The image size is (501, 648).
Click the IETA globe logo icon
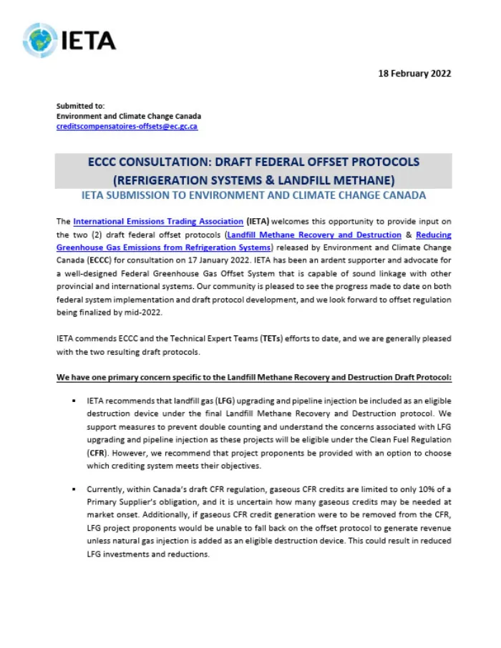(39, 40)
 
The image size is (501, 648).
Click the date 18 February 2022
(415, 73)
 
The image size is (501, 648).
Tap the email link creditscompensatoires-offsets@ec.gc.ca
(127, 126)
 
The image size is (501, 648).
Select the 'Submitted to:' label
(80, 106)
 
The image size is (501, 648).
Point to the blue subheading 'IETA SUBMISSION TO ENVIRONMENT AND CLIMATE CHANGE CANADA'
(253, 195)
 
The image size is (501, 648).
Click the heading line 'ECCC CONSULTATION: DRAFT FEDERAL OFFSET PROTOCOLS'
(253, 162)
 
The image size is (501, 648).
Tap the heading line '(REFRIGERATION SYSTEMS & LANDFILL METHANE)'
(253, 179)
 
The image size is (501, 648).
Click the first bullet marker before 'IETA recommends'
(74, 401)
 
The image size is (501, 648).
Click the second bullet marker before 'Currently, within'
(74, 489)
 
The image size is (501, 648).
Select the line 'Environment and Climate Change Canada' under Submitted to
(129, 116)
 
